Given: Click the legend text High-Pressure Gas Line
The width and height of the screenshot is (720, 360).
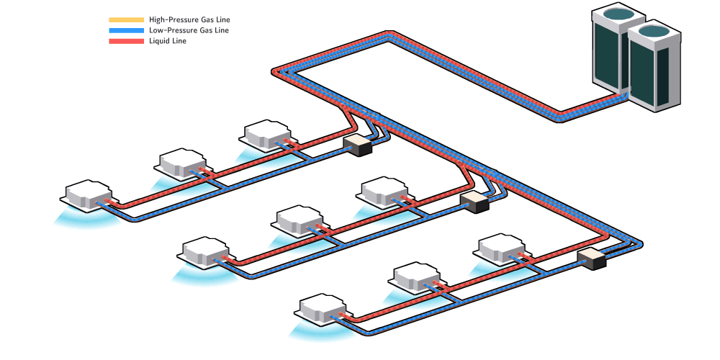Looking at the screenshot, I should click(x=189, y=19).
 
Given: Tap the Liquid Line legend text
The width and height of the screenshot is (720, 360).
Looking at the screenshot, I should click(x=168, y=41).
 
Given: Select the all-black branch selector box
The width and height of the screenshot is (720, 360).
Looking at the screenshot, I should click(x=357, y=145).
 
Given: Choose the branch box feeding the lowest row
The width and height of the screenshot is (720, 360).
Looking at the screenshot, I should click(x=592, y=258).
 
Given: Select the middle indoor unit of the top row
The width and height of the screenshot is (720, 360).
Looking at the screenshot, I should click(x=183, y=162).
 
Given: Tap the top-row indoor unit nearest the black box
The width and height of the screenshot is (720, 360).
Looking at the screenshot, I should click(x=267, y=133).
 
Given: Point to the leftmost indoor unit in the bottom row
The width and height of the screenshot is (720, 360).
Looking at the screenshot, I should click(x=323, y=307).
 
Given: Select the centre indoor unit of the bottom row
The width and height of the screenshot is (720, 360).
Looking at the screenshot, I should click(x=418, y=276).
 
